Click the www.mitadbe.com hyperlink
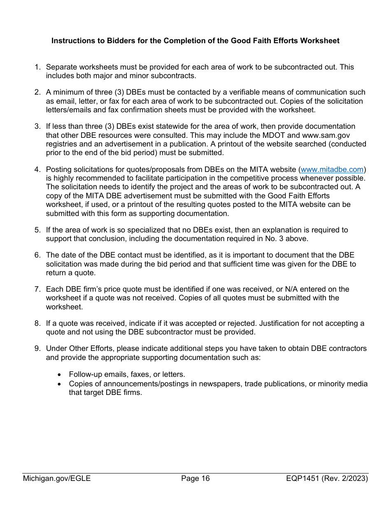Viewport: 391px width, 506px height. coord(332,169)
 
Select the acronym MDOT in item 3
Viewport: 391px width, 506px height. coord(271,135)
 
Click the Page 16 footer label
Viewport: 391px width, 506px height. coord(195,478)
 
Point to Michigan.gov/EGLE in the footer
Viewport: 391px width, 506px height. coord(57,478)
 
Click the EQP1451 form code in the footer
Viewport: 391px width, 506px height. coord(305,478)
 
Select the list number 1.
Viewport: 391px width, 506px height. coord(37,67)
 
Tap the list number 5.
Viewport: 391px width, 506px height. coord(37,230)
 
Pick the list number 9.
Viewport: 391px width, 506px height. coord(37,349)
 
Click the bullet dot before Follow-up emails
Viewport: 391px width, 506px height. coord(60,375)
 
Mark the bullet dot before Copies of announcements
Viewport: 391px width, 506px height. coord(60,384)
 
